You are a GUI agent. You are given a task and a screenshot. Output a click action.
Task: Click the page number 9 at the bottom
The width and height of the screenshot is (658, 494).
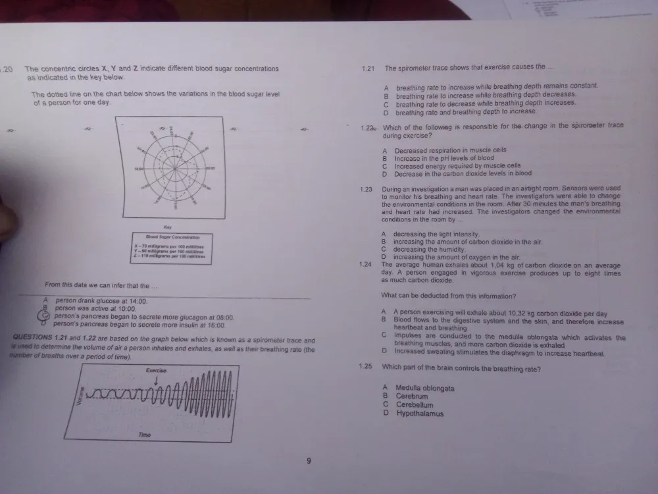[309, 460]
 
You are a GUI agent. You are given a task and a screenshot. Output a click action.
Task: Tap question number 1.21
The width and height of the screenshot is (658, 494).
[368, 68]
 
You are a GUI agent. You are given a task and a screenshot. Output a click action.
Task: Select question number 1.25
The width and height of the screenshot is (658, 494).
[365, 368]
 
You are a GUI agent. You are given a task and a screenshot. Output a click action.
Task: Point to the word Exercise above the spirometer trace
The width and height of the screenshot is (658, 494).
[156, 371]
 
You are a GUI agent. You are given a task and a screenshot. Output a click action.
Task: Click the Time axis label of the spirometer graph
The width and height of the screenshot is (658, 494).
[145, 435]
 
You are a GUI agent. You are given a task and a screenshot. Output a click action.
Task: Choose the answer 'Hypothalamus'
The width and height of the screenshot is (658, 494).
[420, 414]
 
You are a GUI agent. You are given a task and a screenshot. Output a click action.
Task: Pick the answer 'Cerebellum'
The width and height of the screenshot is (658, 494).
[414, 406]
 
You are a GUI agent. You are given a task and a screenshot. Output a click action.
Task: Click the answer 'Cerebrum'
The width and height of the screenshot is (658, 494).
[411, 397]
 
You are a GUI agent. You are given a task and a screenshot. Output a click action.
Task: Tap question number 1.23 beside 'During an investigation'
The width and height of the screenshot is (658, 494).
[367, 189]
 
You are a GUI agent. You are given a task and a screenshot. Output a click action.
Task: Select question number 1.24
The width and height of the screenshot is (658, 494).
[366, 265]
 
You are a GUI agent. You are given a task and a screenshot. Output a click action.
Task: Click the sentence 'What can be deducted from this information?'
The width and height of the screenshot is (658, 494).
[448, 295]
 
